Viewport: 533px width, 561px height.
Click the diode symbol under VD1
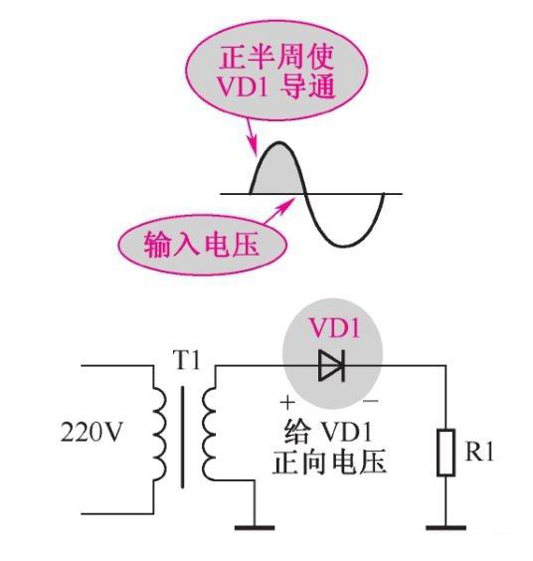(331, 367)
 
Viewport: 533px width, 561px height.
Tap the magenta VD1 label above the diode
(331, 329)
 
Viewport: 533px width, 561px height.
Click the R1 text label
(480, 452)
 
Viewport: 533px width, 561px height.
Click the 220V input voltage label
(92, 436)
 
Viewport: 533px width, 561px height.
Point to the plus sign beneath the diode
(287, 404)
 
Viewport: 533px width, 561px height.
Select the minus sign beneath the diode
(371, 404)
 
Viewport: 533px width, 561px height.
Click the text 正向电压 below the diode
(328, 464)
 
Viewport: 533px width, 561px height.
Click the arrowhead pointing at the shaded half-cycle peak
(255, 148)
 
